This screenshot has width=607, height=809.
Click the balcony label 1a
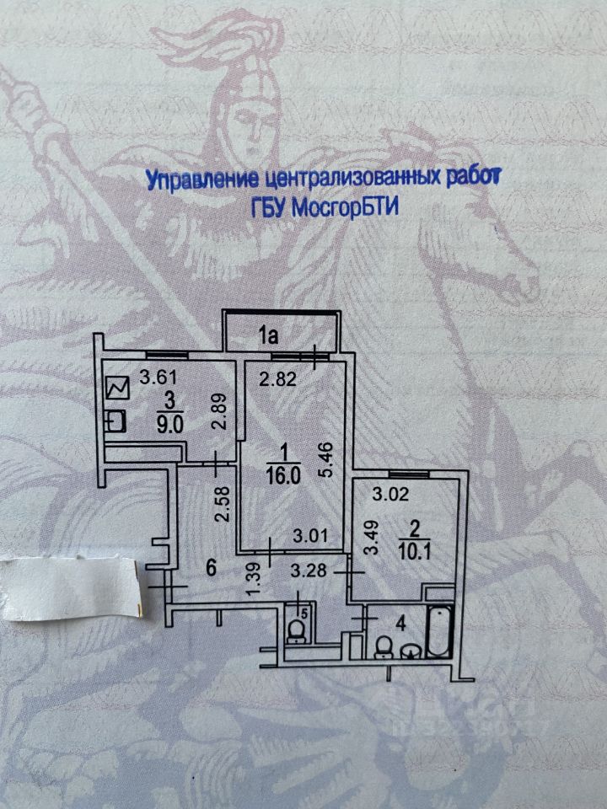pyautogui.click(x=268, y=337)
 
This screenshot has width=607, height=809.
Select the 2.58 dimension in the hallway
pyautogui.click(x=222, y=502)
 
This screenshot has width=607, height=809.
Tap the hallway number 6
pyautogui.click(x=211, y=569)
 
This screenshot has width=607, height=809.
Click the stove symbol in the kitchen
pyautogui.click(x=117, y=388)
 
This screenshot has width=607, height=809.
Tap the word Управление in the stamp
pyautogui.click(x=201, y=180)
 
